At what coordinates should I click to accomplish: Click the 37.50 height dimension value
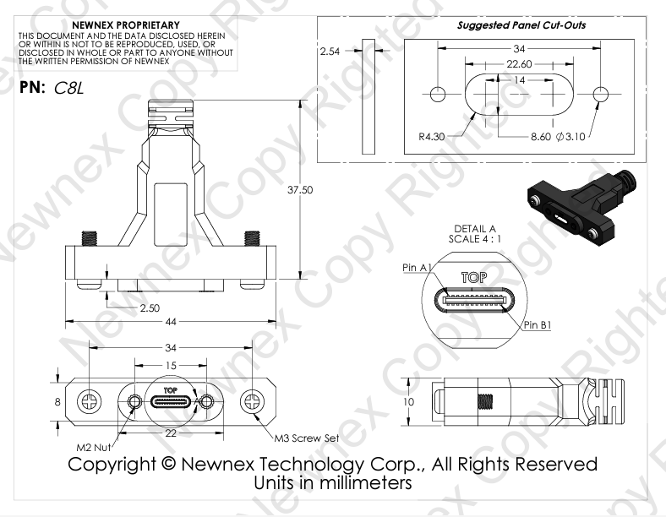pyautogui.click(x=301, y=190)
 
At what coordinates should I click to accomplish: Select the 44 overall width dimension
pyautogui.click(x=172, y=322)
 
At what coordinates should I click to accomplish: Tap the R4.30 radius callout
pyautogui.click(x=433, y=135)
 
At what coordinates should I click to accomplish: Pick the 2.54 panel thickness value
pyautogui.click(x=331, y=52)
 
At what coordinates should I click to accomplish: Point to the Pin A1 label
pyautogui.click(x=417, y=267)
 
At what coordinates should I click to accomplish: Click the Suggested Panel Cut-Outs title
pyautogui.click(x=521, y=25)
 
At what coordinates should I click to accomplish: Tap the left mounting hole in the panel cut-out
pyautogui.click(x=438, y=94)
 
